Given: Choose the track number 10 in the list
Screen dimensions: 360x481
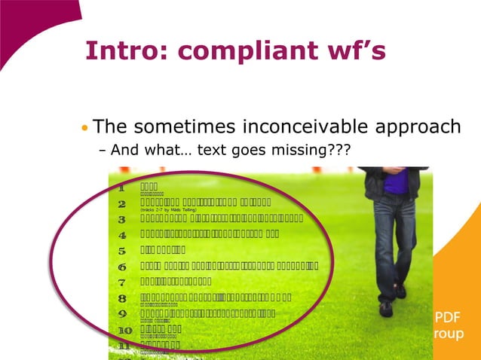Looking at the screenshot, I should [124, 330].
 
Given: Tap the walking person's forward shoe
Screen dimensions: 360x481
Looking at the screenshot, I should [386, 308].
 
